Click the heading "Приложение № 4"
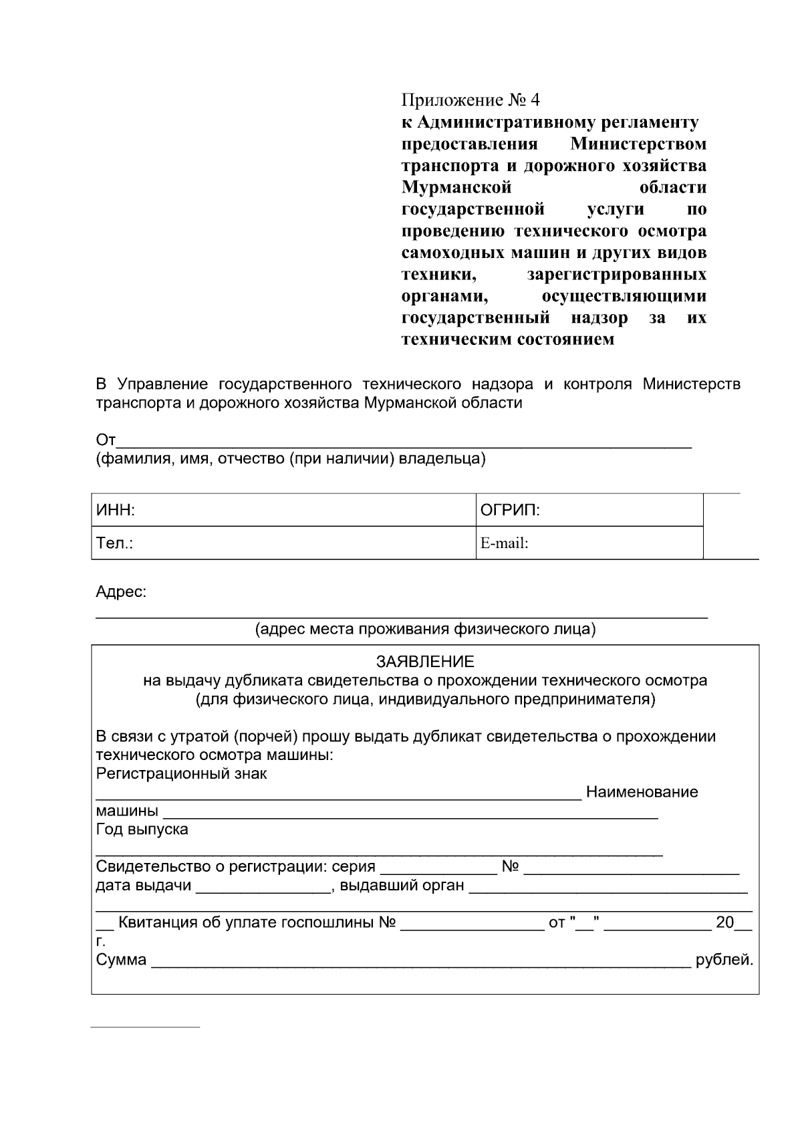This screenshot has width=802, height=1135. click(x=470, y=100)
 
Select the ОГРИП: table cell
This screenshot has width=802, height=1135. click(x=589, y=511)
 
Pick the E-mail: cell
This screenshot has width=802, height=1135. click(x=589, y=543)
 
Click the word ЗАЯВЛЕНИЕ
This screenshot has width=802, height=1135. click(x=425, y=662)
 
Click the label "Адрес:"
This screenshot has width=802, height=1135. click(x=121, y=592)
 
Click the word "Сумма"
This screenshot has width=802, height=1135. click(x=121, y=960)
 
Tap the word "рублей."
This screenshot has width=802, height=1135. click(x=724, y=960)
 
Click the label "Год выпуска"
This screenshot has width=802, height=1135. click(x=142, y=830)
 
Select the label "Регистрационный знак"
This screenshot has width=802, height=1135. click(x=181, y=773)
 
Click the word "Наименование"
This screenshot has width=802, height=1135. click(x=642, y=792)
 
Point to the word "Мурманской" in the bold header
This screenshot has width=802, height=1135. click(x=456, y=187)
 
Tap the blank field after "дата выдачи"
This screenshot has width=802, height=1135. click(x=263, y=886)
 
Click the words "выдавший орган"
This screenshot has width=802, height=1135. click(x=402, y=886)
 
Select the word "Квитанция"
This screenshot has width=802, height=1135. click(x=156, y=923)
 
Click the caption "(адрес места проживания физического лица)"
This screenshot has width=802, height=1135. click(x=425, y=630)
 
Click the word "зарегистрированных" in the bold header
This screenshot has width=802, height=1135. click(x=616, y=275)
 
